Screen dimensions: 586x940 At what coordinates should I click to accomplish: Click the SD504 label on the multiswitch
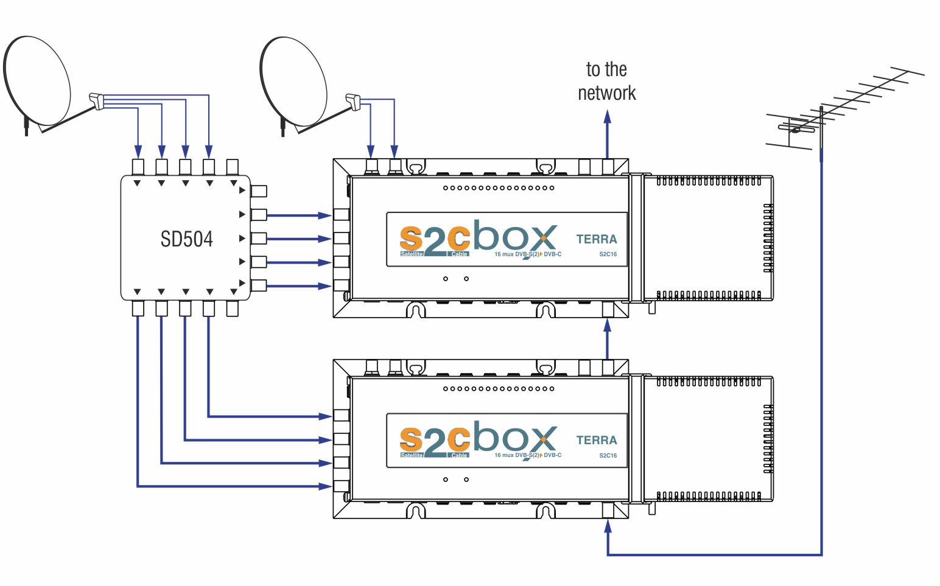click(186, 239)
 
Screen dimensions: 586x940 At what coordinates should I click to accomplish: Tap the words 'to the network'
click(606, 82)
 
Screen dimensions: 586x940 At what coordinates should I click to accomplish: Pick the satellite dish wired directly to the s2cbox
click(293, 82)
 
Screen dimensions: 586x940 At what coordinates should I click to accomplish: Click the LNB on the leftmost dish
click(97, 100)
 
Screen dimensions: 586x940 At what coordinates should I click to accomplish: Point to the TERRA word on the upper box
click(596, 239)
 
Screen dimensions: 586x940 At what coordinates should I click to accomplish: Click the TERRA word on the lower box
click(596, 440)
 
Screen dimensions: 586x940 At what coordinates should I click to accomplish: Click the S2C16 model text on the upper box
click(608, 254)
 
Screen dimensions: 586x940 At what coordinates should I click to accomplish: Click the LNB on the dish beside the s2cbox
click(353, 101)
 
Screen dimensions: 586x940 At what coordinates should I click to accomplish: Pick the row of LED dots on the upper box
click(499, 188)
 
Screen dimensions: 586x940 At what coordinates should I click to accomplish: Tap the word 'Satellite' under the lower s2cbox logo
click(412, 455)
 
